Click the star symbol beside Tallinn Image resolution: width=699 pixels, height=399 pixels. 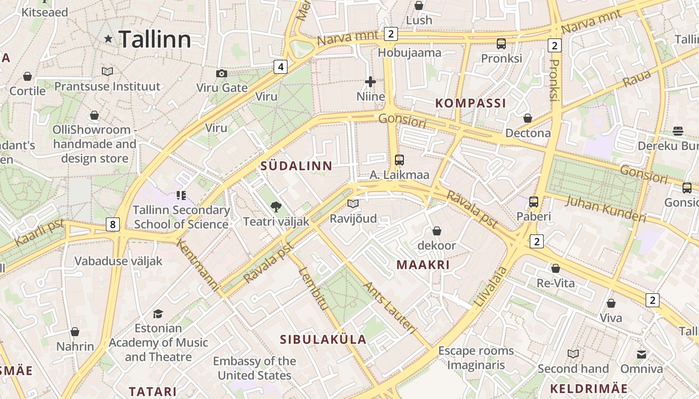[108, 38]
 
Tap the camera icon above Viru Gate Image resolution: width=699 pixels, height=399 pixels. [222, 73]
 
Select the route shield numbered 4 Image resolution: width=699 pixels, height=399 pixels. [281, 66]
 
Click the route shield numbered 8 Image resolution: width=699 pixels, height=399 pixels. [113, 224]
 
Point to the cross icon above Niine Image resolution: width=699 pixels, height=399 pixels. [370, 81]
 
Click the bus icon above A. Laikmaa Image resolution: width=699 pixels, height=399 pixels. [399, 160]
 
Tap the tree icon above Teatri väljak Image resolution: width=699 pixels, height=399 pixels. [275, 206]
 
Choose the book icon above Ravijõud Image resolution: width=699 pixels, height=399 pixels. [353, 203]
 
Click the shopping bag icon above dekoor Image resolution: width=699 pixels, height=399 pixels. [437, 230]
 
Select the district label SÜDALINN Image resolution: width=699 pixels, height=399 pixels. [297, 167]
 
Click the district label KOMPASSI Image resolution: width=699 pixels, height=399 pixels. [471, 103]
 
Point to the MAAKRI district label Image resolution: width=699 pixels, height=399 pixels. [423, 265]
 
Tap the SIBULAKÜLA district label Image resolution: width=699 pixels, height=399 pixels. [323, 340]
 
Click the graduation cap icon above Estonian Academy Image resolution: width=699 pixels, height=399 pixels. [158, 314]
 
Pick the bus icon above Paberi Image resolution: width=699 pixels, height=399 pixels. [534, 201]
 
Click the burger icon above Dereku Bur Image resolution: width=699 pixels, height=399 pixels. [678, 131]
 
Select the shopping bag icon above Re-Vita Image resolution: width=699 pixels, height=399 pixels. [556, 268]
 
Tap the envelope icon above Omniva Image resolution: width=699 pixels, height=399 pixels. [642, 354]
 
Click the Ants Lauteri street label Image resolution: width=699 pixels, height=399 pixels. [389, 307]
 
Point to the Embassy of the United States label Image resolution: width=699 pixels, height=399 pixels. [255, 368]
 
